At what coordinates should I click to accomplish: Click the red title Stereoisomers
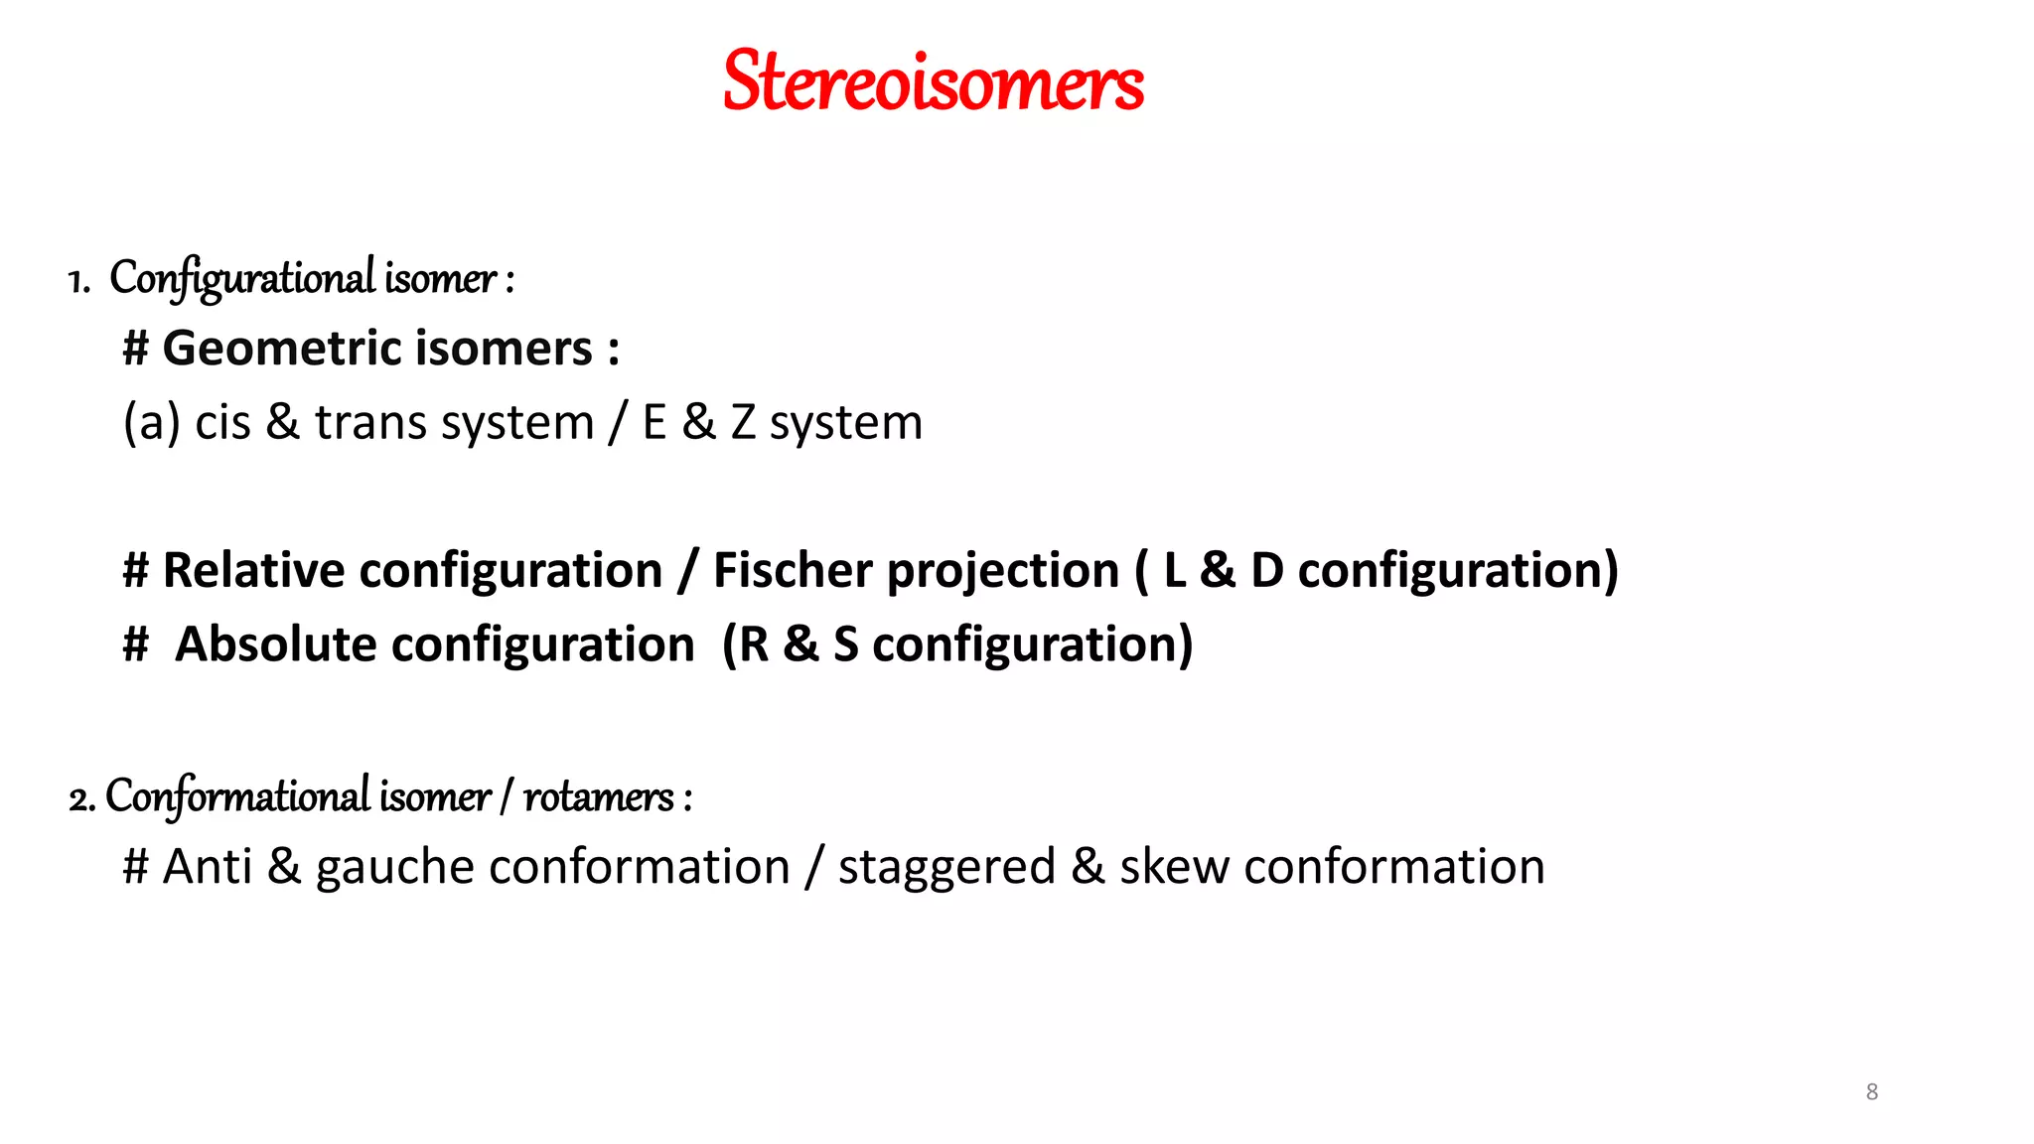[933, 81]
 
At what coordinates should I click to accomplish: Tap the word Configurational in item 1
[242, 278]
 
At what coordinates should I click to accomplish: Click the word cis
[222, 423]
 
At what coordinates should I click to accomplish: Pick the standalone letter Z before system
[743, 423]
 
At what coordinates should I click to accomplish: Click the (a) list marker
[151, 423]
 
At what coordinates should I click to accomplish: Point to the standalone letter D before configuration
[1267, 571]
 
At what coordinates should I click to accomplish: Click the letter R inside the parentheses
[755, 644]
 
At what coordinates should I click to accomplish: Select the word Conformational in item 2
[237, 796]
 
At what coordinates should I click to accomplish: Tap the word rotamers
[599, 796]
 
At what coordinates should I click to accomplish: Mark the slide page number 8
[1872, 1092]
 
